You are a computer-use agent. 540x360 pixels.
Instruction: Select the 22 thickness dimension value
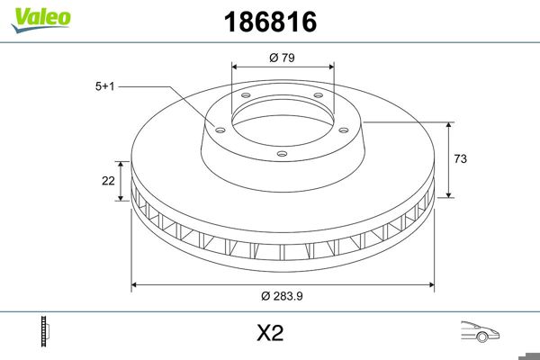coord(108,181)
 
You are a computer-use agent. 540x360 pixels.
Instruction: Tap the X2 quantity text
coord(270,334)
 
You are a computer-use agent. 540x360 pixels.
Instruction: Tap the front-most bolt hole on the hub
coord(281,153)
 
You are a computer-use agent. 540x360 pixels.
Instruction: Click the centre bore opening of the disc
coord(283,115)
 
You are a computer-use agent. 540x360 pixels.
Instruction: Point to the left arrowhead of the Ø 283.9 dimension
coord(136,286)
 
